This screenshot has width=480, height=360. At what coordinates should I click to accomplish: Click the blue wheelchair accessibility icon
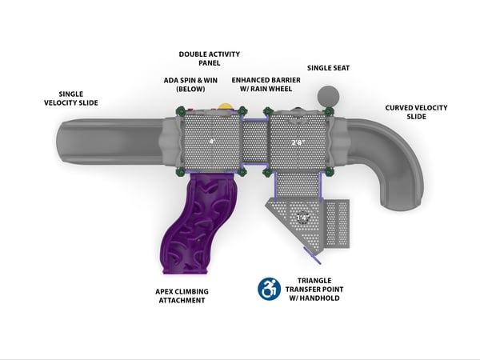(x=269, y=288)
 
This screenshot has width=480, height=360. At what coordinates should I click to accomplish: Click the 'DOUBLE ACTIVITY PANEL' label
(x=210, y=58)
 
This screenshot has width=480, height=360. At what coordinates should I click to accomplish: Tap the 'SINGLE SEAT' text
(x=328, y=68)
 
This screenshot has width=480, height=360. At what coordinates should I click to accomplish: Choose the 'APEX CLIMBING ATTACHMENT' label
(x=181, y=294)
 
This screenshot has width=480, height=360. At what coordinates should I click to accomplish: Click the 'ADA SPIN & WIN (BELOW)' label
(x=192, y=85)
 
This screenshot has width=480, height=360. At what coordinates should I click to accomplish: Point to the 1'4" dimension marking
(x=303, y=217)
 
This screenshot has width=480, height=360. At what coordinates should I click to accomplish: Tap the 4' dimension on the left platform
(x=212, y=142)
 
